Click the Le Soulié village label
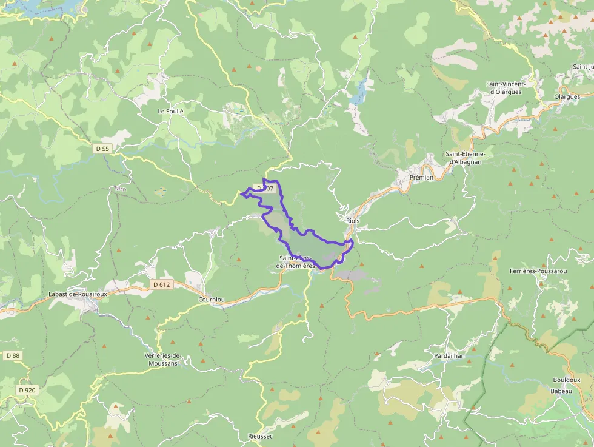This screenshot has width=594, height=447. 170,112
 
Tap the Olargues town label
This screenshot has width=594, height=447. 567,96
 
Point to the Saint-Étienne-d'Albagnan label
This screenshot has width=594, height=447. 469,158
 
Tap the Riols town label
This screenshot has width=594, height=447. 352,221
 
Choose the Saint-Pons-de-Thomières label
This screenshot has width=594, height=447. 296,262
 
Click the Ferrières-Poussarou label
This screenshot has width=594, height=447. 538,271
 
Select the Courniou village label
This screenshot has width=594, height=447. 212,300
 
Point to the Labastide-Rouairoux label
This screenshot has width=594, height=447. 77,294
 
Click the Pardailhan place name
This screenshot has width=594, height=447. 449,355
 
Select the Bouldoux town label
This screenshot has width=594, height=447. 567,380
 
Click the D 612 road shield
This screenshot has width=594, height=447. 162,284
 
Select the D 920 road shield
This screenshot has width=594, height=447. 27,390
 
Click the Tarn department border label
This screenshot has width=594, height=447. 119,189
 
